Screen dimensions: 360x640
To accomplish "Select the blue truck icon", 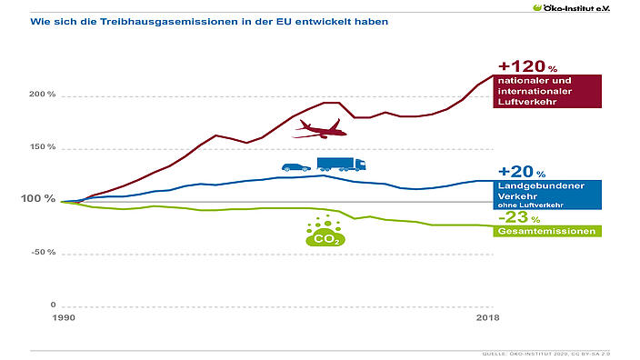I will [x=341, y=164].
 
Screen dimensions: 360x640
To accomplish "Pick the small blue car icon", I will [x=296, y=166].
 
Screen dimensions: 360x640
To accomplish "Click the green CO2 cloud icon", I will [x=322, y=234].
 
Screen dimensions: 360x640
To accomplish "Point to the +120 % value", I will [x=526, y=66].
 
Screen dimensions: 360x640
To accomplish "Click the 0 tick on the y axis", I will [x=53, y=305].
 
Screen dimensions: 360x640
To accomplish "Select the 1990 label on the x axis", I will [x=63, y=320].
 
